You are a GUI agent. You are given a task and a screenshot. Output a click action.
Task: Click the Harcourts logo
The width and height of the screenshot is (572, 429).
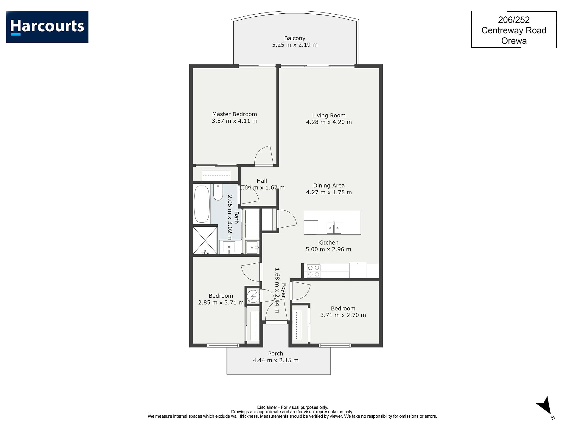(x=47, y=27)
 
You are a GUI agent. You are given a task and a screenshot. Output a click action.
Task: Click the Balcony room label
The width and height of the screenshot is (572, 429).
(x=295, y=38)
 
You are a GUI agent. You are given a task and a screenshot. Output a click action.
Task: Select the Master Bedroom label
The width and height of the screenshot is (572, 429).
(x=234, y=114)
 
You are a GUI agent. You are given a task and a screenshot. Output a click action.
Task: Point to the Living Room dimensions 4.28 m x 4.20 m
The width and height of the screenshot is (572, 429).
(x=329, y=122)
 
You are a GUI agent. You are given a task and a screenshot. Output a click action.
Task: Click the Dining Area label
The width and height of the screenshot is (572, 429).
(x=329, y=186)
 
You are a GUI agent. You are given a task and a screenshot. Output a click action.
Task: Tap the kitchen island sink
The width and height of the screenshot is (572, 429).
(x=334, y=228)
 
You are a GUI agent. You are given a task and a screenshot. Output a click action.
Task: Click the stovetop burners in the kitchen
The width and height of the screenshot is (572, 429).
(x=313, y=271)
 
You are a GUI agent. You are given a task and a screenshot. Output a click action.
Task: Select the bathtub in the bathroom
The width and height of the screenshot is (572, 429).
(x=202, y=204)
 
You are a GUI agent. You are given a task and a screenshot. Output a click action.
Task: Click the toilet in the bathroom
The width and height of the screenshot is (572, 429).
(x=218, y=192)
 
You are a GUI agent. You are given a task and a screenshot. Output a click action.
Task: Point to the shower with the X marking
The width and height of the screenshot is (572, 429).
(x=205, y=240)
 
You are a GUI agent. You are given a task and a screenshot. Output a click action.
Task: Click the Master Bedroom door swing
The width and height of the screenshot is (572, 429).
(x=264, y=155)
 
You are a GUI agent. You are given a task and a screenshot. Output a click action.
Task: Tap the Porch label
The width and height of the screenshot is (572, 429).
(x=276, y=354)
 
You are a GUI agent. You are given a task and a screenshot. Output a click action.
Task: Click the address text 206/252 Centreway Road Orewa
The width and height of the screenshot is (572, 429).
(x=514, y=30)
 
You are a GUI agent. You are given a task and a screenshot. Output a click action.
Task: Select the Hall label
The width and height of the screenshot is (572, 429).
(x=262, y=181)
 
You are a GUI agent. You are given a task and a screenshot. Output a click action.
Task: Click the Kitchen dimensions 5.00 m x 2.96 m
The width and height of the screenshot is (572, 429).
(x=328, y=249)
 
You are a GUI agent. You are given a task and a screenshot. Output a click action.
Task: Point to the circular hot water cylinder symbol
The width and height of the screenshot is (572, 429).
(x=253, y=296)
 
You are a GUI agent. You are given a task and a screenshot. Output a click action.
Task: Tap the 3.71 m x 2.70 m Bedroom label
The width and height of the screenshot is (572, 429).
(x=343, y=312)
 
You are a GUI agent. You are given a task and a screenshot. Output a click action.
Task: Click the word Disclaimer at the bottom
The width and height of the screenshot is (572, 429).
(x=267, y=407)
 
